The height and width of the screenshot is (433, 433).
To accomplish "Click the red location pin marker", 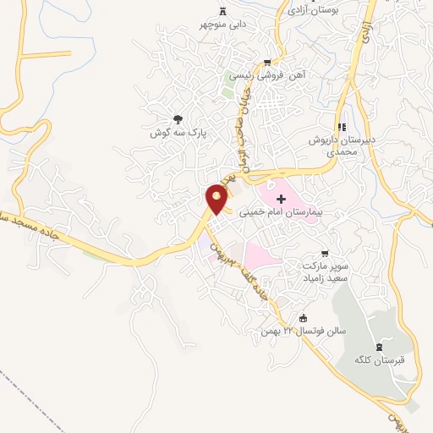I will click(x=216, y=200).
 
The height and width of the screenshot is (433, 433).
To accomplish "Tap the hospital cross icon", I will click(x=281, y=198).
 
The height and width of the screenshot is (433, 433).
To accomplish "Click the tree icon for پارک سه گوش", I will click(x=177, y=120).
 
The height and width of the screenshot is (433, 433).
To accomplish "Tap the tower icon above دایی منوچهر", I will click(x=223, y=10).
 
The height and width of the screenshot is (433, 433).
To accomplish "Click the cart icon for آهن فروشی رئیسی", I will click(x=267, y=62).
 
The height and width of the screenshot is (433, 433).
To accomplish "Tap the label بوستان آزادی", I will click(x=313, y=11).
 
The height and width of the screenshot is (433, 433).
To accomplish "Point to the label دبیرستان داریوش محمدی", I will click(x=341, y=145).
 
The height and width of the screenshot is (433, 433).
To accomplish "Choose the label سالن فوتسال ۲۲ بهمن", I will click(x=281, y=331).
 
